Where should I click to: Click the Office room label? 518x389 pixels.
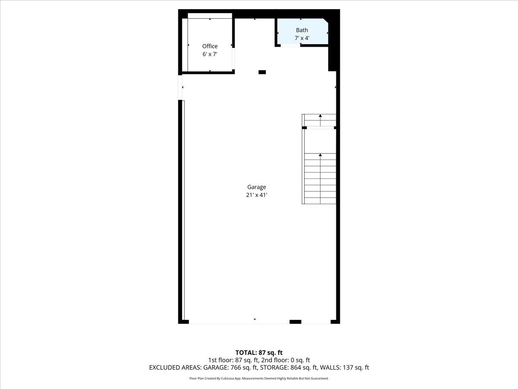coord(210,46)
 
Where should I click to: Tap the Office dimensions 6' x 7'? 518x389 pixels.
coord(210,54)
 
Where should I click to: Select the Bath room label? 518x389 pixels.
coord(302,30)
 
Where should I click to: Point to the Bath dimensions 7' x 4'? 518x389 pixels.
coord(302,38)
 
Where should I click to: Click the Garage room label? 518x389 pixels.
coord(256,187)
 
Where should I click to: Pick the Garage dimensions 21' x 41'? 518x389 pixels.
coord(256,195)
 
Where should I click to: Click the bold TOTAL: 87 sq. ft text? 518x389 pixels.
coord(259,353)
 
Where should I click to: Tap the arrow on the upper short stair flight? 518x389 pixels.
coord(320,116)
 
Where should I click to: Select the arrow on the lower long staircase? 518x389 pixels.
coord(320,155)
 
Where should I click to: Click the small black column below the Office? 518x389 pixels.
coord(262,72)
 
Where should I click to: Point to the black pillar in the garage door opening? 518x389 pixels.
coord(295,322)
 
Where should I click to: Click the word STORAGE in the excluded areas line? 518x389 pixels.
coord(275,368)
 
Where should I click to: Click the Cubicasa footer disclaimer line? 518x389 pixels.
coord(259,379)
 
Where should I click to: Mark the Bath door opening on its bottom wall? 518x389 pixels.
coord(291,45)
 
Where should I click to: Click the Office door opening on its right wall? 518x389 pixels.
coord(234,58)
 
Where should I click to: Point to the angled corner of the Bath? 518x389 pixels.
coord(325,22)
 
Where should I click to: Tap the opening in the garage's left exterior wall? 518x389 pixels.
coord(180,87)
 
